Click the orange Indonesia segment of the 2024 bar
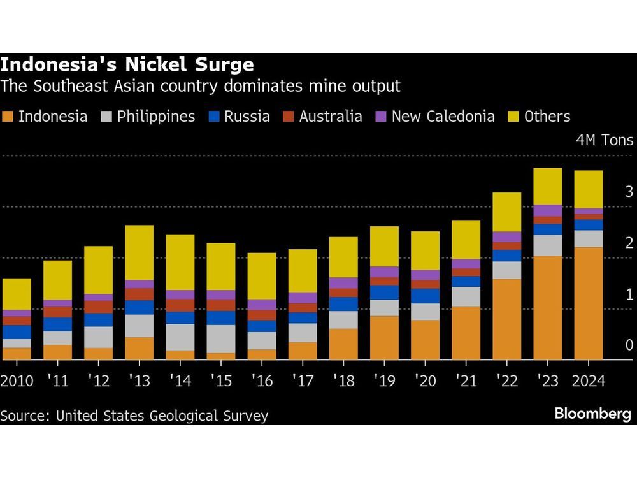[589, 303]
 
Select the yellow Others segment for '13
[140, 252]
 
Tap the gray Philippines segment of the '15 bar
[221, 338]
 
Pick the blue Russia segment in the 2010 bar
[17, 332]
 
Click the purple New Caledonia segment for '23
[548, 210]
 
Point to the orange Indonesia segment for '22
[507, 319]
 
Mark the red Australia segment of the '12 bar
[99, 307]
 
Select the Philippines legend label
[156, 117]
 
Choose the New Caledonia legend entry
[443, 117]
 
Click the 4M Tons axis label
[605, 140]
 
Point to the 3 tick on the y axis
[629, 191]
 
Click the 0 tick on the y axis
[629, 345]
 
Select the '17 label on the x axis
[302, 381]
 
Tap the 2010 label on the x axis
[17, 381]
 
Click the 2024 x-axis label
[587, 381]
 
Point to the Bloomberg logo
[592, 414]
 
